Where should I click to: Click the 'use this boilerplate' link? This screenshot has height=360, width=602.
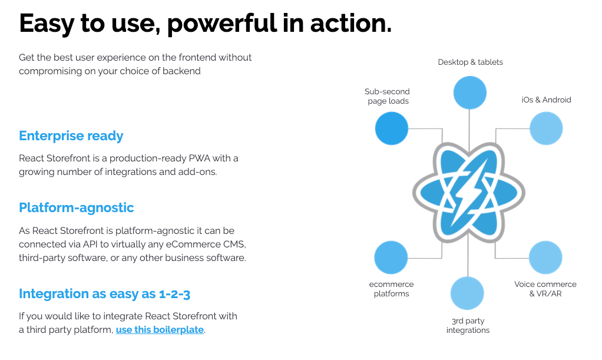pyautogui.click(x=160, y=330)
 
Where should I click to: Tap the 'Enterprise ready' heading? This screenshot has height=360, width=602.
pyautogui.click(x=71, y=136)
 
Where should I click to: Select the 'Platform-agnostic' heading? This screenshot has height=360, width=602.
pyautogui.click(x=77, y=208)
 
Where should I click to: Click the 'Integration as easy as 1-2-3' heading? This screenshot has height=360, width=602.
pyautogui.click(x=105, y=294)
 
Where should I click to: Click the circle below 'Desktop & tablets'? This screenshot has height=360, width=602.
pyautogui.click(x=469, y=93)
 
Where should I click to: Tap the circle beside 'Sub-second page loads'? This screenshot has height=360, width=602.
pyautogui.click(x=392, y=128)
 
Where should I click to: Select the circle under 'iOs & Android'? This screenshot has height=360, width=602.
pyautogui.click(x=546, y=128)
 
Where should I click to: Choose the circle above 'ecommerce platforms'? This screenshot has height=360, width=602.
pyautogui.click(x=391, y=257)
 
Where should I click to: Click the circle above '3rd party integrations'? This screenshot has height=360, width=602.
pyautogui.click(x=467, y=293)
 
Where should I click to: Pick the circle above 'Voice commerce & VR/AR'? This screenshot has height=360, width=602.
pyautogui.click(x=545, y=257)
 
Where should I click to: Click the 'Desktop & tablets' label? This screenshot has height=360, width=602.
pyautogui.click(x=470, y=62)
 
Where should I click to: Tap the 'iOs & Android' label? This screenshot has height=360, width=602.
pyautogui.click(x=546, y=100)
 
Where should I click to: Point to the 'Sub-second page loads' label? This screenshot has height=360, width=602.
pyautogui.click(x=387, y=96)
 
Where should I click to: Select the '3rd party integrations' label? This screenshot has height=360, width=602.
pyautogui.click(x=468, y=325)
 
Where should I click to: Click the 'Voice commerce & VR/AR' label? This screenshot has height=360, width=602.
pyautogui.click(x=545, y=289)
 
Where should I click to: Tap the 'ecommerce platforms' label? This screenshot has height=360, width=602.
pyautogui.click(x=391, y=289)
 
